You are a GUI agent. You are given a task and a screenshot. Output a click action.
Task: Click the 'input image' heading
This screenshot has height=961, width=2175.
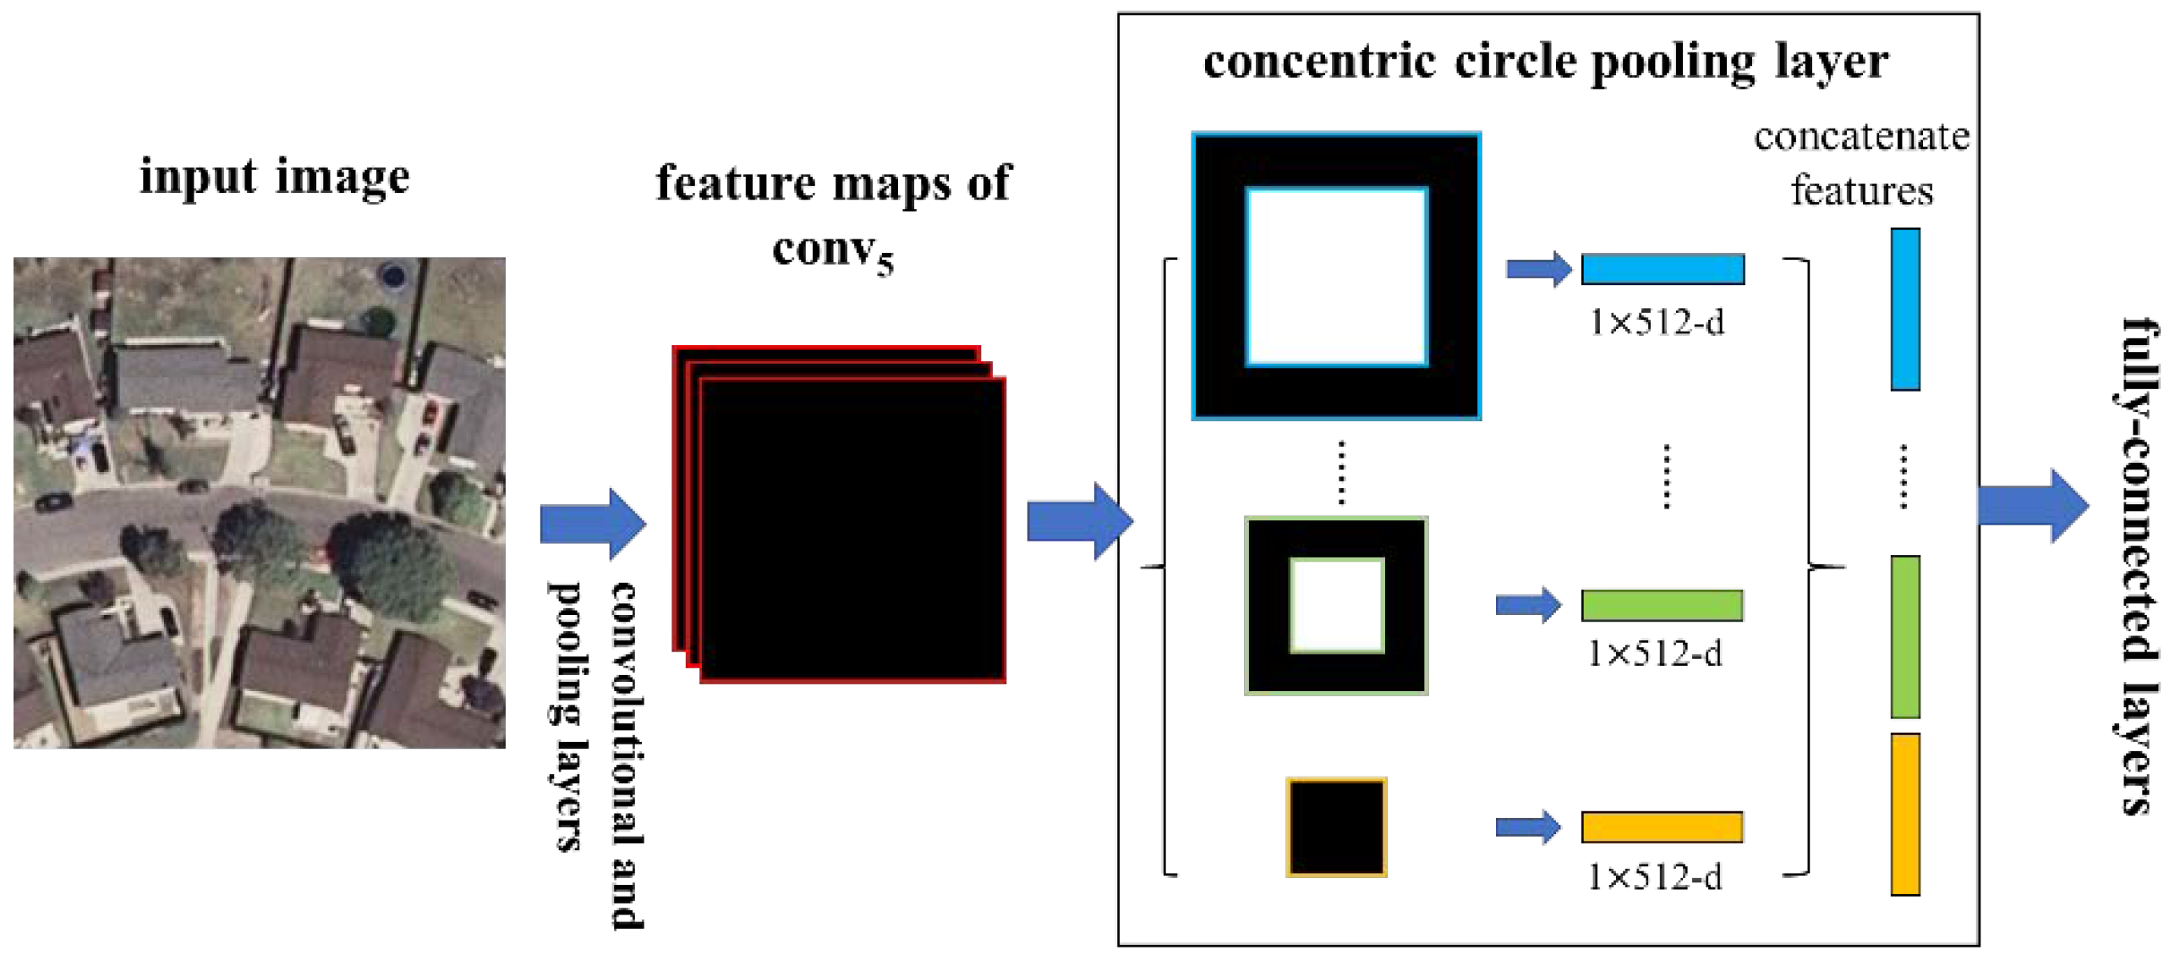tap(274, 177)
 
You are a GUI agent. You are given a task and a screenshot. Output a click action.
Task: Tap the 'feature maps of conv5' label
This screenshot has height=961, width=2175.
tap(833, 215)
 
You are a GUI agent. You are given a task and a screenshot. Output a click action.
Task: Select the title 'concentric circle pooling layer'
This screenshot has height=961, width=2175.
tap(1545, 62)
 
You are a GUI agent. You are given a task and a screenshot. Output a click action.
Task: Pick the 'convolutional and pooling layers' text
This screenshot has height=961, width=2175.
tap(595, 753)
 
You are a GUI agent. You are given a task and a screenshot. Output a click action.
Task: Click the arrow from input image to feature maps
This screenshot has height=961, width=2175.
tap(592, 524)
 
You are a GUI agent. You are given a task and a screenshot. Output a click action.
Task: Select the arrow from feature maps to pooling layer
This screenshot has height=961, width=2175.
tap(1079, 521)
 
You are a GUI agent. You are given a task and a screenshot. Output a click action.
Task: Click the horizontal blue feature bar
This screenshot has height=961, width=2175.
tap(1662, 269)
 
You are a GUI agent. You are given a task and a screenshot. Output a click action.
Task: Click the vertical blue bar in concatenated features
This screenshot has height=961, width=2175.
tap(1904, 309)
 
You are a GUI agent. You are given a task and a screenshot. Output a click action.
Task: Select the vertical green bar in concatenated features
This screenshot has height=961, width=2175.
tap(1904, 636)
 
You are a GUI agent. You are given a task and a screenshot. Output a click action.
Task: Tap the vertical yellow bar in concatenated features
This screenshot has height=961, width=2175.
tap(1904, 814)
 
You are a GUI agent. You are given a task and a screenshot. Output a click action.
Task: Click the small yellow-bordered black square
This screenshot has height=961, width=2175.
tap(1335, 826)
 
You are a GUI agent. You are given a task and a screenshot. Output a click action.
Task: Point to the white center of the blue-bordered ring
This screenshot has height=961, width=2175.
tap(1336, 277)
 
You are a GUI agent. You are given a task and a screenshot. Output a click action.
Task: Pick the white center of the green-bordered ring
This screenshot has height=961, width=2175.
tap(1336, 606)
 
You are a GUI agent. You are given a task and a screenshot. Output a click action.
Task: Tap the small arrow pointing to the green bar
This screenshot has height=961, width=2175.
tap(1527, 606)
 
